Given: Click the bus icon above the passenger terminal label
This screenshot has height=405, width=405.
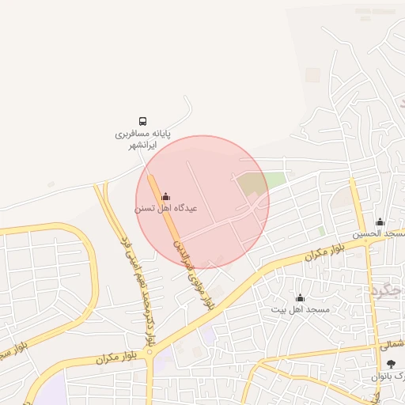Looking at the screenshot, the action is point(143,121).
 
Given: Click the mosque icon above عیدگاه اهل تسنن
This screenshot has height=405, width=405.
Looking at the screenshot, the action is point(165,196).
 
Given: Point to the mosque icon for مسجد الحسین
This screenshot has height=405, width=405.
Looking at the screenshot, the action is point(380,222).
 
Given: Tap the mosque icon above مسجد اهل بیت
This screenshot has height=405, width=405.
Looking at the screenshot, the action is point(300,298).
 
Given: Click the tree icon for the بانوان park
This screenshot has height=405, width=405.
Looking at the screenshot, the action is point(392,364).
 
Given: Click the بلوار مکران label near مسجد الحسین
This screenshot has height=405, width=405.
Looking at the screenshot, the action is point(327,252).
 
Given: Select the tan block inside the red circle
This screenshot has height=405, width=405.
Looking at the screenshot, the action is point(252,187).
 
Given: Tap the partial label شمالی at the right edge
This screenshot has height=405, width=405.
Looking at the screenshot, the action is point(392,345).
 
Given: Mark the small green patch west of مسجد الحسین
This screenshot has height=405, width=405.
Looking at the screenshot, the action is point(321,231).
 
